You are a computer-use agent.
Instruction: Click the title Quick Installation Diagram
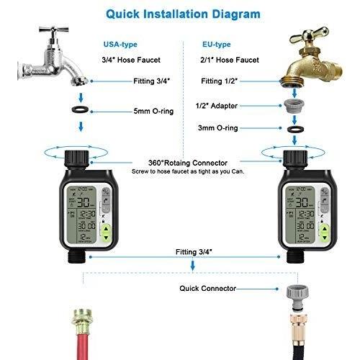(x=179, y=13)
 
